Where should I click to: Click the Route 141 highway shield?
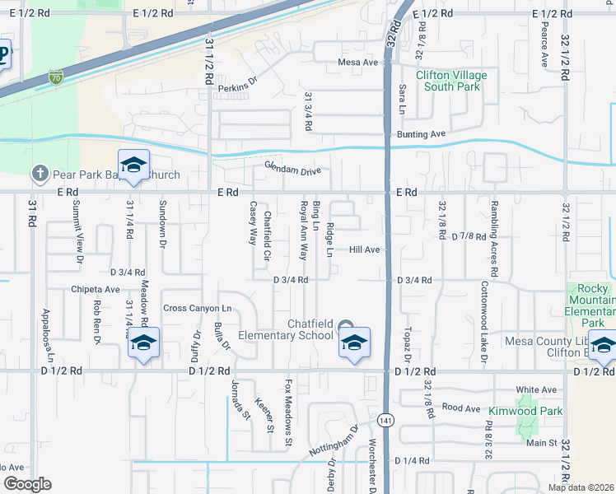click(385, 420)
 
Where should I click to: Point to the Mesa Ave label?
click(357, 62)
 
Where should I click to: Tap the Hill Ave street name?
click(364, 249)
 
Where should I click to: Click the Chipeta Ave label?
click(96, 290)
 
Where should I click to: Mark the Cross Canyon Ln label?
click(198, 308)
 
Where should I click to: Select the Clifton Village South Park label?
click(451, 80)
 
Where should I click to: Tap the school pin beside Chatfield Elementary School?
click(354, 345)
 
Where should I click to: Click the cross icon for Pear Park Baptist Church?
click(39, 174)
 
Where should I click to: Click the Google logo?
click(26, 484)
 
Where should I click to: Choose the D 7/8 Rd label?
click(469, 237)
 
